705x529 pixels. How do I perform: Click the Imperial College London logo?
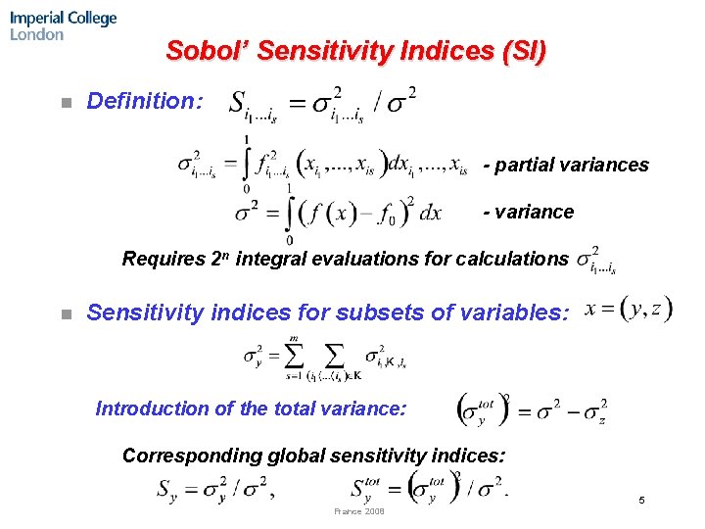coord(64,25)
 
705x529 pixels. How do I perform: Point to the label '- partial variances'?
coord(566,165)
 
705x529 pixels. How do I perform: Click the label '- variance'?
coord(529,212)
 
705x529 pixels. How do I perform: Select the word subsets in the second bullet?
coord(375,313)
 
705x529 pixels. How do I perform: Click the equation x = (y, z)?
coord(628,310)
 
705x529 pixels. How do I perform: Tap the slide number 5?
coord(641,501)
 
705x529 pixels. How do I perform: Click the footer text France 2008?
coord(359,511)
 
